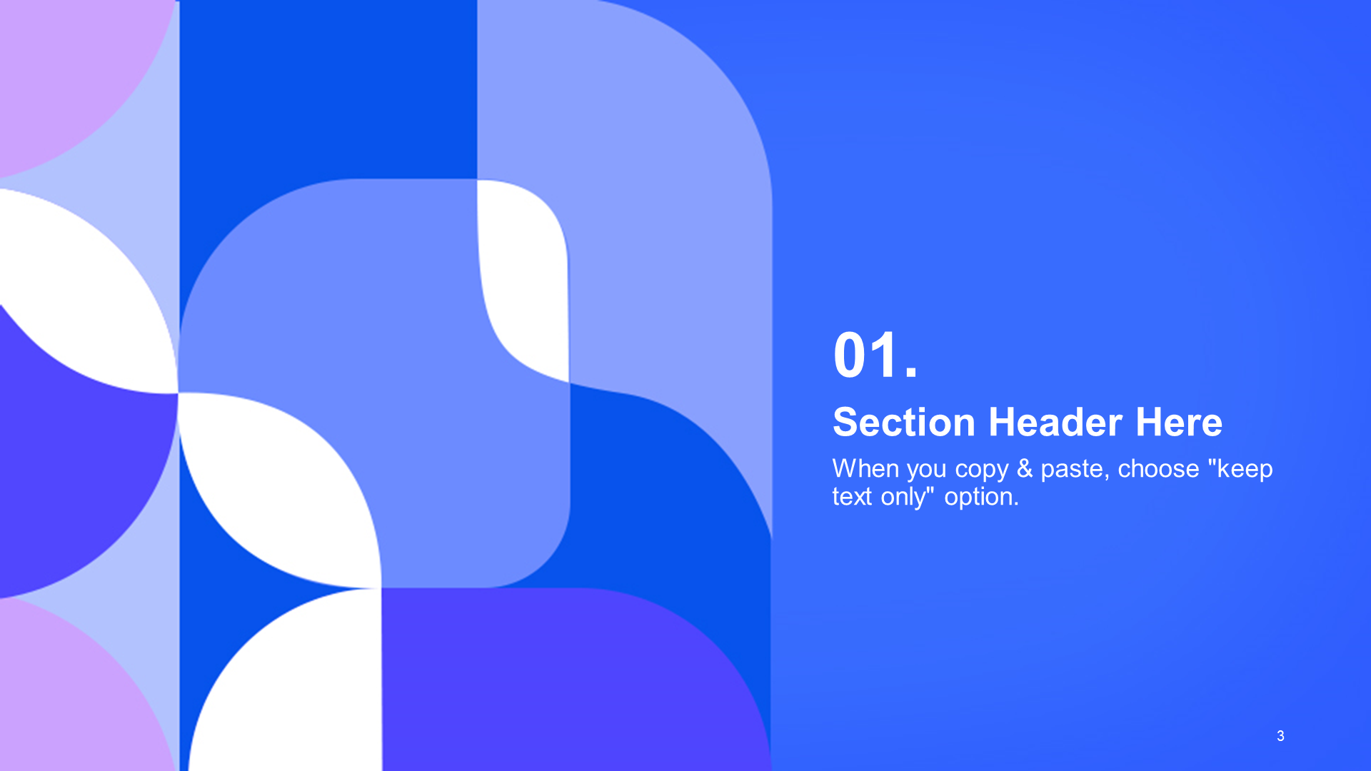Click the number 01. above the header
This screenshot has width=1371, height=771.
pyautogui.click(x=875, y=355)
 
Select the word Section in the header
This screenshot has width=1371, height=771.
pyautogui.click(x=904, y=422)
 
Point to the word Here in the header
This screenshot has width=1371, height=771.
pyautogui.click(x=1179, y=422)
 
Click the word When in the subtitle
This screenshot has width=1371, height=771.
pyautogui.click(x=865, y=468)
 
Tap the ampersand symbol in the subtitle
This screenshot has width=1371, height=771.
pyautogui.click(x=1025, y=468)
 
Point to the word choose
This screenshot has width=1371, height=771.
pyautogui.click(x=1158, y=468)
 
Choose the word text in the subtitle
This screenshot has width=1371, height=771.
pyautogui.click(x=853, y=496)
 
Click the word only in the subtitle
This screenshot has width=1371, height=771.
pyautogui.click(x=903, y=498)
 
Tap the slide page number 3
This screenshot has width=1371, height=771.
pyautogui.click(x=1280, y=736)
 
